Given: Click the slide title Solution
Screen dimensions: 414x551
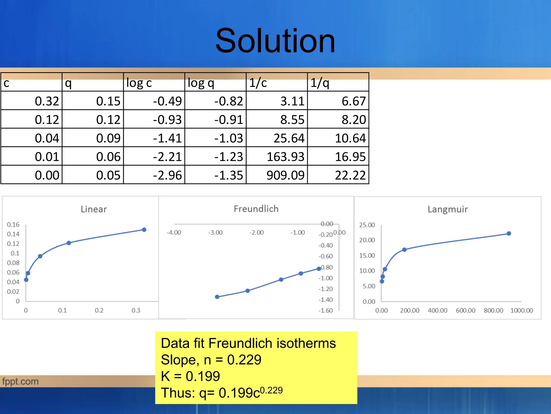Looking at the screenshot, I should pos(275,41).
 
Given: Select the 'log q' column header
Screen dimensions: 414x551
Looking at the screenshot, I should pos(201,83).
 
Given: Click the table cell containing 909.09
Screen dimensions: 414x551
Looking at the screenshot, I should pos(285,175).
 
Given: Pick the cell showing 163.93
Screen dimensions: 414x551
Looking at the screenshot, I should pos(285,157).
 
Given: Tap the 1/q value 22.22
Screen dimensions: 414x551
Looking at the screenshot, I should pos(350,175).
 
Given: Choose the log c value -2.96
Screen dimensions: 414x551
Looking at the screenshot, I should pos(167,175).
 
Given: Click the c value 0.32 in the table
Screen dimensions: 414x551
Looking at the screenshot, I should pos(47,101).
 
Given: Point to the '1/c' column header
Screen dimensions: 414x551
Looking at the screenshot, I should pos(258,83).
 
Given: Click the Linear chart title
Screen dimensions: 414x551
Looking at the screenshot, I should pos(94,209).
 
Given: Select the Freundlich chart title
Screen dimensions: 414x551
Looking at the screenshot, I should pos(256,209).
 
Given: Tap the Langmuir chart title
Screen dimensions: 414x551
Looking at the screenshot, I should pos(448,209).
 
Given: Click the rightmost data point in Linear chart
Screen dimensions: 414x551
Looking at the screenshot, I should pos(144,230).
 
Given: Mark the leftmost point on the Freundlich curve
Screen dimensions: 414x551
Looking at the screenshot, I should pos(217,297).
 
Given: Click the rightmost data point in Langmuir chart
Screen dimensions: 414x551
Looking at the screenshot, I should pos(509,233).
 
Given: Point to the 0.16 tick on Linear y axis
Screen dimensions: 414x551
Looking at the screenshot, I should pos(13,225).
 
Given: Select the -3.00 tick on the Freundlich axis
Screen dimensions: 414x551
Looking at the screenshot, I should pos(215,232).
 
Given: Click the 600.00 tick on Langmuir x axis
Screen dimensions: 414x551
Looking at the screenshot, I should pos(465,310).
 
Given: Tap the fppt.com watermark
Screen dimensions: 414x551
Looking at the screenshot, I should pos(20,381).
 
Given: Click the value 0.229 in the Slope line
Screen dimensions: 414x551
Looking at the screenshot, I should pos(244,360).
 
